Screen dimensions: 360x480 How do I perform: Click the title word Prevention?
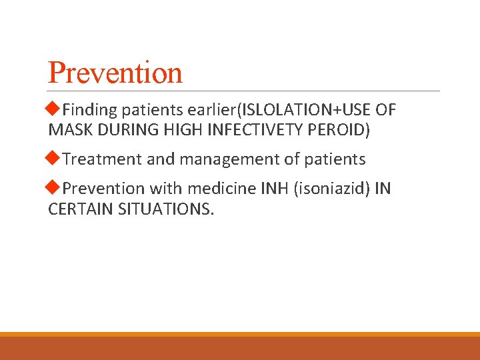click(115, 73)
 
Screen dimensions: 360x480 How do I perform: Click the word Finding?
click(89, 111)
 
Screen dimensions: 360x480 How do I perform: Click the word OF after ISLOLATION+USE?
click(385, 111)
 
